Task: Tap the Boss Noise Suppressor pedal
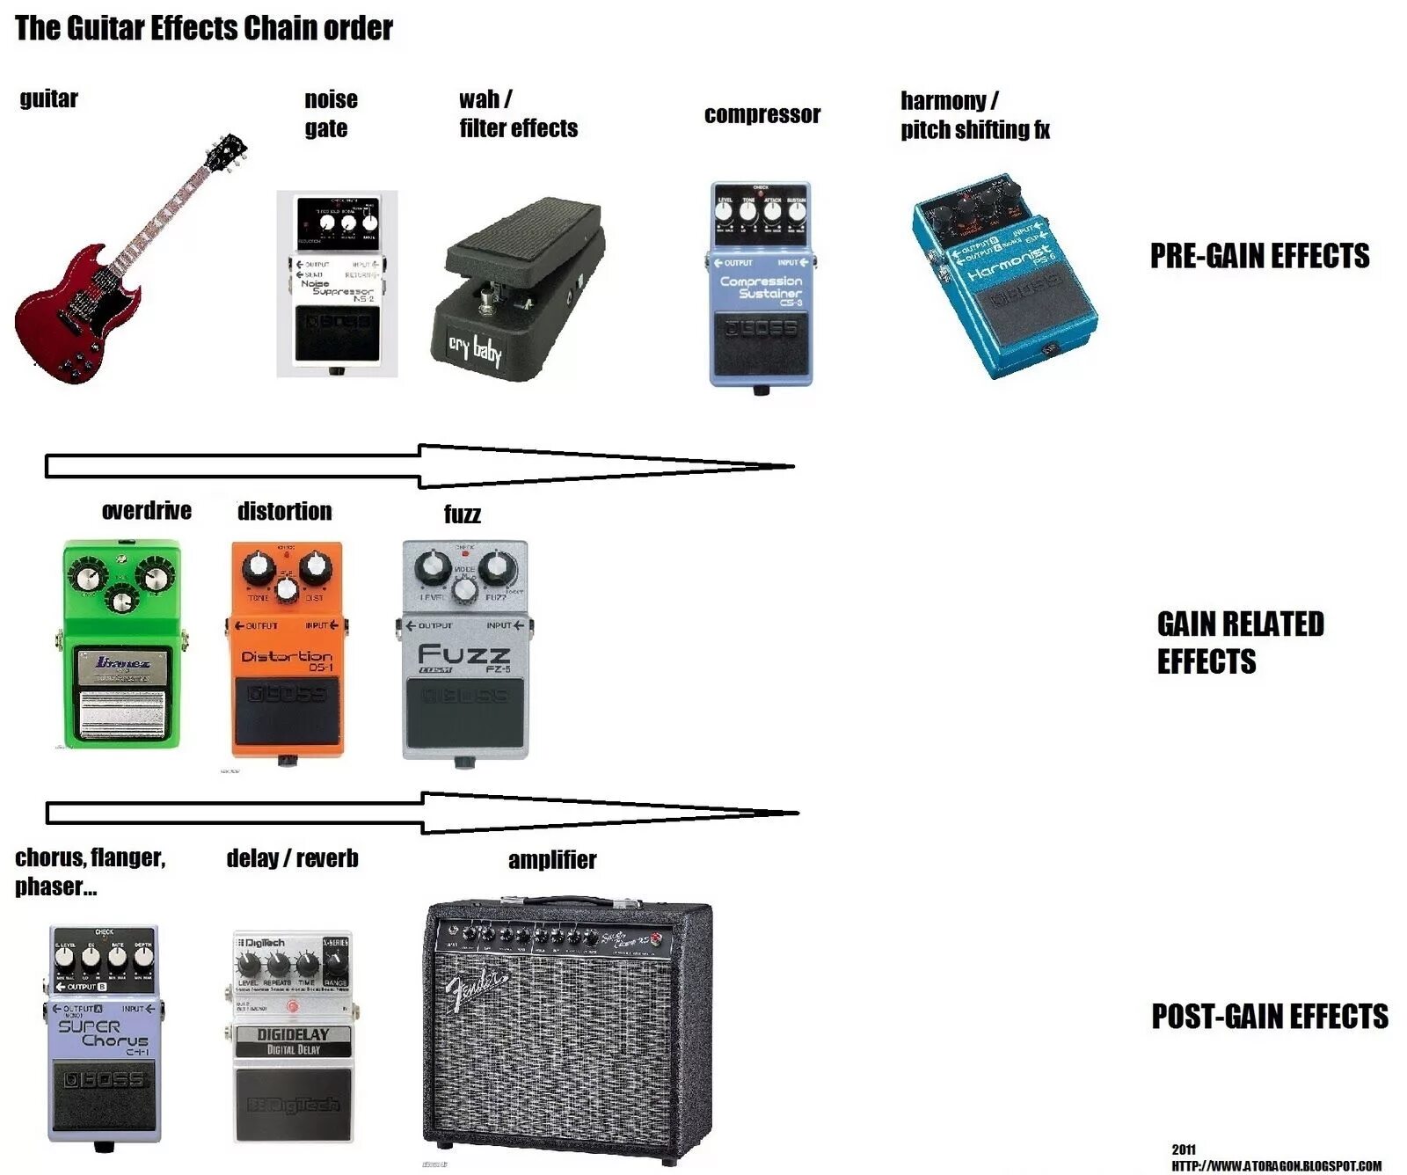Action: click(337, 283)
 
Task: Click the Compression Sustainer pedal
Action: click(761, 283)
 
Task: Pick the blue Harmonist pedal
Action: click(1005, 277)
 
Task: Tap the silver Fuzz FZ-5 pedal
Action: click(464, 651)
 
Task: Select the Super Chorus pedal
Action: click(104, 1034)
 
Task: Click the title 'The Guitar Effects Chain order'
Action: click(204, 28)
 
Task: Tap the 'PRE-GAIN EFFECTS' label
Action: click(1259, 256)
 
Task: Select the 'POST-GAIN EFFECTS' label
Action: click(1269, 1017)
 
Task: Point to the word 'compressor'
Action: click(762, 114)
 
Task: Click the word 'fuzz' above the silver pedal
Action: click(462, 515)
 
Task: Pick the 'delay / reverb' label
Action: click(292, 858)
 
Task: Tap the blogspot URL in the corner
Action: click(1276, 1165)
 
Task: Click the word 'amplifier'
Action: click(552, 860)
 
